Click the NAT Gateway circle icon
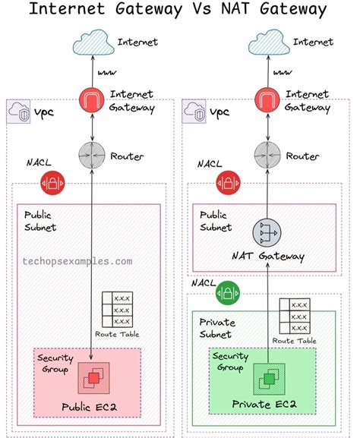coord(267,233)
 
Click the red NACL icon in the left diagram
coord(52,183)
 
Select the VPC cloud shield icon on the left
coord(20,113)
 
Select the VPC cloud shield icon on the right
coord(195,113)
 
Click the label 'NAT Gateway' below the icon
coord(268,257)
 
